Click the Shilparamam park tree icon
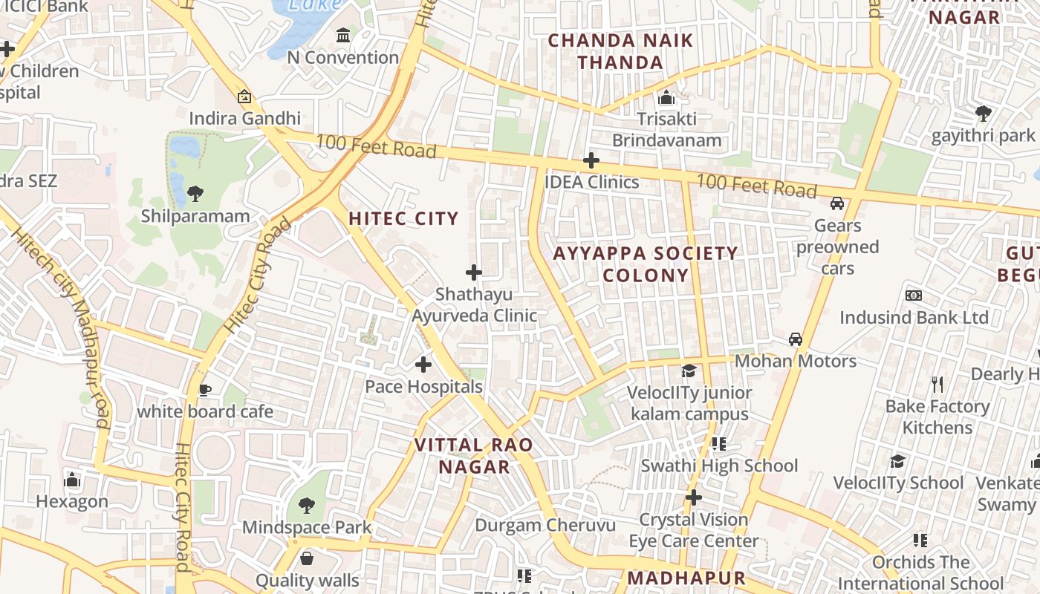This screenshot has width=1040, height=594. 195,194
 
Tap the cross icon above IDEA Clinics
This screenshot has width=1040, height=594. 591,160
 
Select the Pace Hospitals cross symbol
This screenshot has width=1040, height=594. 423,365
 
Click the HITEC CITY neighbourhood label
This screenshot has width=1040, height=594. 404,218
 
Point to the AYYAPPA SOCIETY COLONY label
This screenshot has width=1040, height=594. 646,264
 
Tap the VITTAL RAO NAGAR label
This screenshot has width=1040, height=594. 473,456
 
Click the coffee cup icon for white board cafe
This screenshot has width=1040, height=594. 205,390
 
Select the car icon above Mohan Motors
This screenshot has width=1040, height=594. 796,339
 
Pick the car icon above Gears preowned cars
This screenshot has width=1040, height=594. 837,203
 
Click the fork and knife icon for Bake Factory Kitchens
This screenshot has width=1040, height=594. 937,385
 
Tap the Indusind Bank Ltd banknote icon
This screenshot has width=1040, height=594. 914,296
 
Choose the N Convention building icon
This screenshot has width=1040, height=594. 343,35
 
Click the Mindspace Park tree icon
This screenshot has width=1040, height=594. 306,506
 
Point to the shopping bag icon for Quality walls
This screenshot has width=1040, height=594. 307,558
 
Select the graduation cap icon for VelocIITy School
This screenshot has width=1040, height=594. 898,462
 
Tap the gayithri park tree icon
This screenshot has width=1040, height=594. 984,114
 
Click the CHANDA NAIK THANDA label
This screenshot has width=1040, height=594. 620,51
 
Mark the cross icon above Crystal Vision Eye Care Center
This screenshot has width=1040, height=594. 693,497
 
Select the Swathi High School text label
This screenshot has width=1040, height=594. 719,466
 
